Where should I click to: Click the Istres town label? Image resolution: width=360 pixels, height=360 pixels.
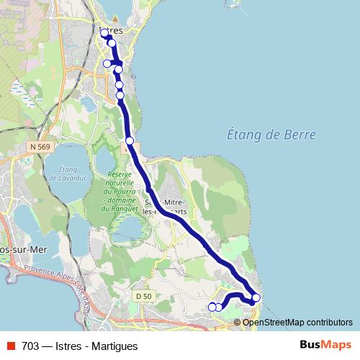tap(114, 32)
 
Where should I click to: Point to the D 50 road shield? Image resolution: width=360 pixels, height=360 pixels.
tap(144, 295)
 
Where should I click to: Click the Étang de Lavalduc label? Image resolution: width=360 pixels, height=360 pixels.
tap(65, 174)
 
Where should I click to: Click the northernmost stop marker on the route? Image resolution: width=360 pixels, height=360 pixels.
tap(105, 32)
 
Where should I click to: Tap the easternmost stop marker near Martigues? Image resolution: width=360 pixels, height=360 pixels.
tap(256, 298)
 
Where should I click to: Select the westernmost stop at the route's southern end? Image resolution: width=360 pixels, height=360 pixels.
tap(212, 307)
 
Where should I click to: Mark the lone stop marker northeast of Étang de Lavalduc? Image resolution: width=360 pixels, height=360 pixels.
tap(130, 140)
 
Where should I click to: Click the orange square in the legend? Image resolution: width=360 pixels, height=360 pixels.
tap(12, 346)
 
